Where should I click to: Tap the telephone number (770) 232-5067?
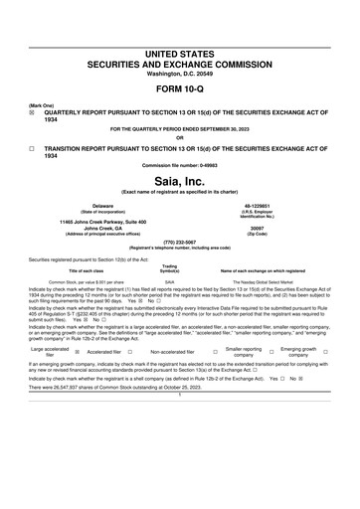click(179, 240)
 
